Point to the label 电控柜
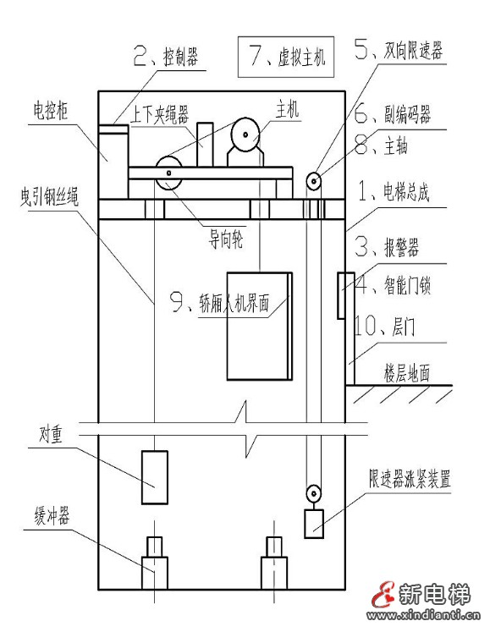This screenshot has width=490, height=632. coord(52,110)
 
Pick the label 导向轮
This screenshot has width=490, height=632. coord(226,241)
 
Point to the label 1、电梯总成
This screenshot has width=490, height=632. coord(393,193)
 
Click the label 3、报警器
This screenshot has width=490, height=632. coord(387,248)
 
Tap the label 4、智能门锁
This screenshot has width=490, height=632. coord(393,287)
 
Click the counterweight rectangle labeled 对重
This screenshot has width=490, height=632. coord(153,480)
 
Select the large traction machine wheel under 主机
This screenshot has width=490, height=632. coord(248,134)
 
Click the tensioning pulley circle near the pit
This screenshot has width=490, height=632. coord(313,492)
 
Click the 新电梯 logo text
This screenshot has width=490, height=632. coord(439,594)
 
